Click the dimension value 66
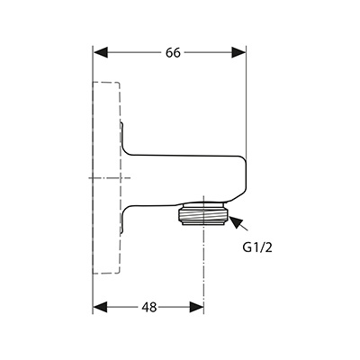173,53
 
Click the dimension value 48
149,308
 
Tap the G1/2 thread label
257,247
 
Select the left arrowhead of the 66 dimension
101,52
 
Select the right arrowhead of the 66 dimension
238,52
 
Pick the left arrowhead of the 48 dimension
100,308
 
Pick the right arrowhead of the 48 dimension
196,308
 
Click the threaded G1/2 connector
203,216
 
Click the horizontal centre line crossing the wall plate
110,178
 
